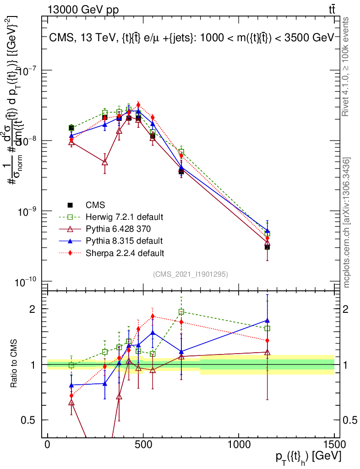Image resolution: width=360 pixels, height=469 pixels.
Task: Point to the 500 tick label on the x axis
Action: pyautogui.click(x=143, y=445)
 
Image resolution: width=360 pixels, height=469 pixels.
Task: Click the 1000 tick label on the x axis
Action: pyautogui.click(x=239, y=445)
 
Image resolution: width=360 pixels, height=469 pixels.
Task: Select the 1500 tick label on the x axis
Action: pyautogui.click(x=334, y=445)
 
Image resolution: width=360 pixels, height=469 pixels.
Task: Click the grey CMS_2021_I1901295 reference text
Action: pyautogui.click(x=191, y=274)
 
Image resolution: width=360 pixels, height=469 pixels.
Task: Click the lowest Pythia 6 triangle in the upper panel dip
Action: pyautogui.click(x=105, y=162)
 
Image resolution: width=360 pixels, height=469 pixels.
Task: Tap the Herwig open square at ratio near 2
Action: pyautogui.click(x=181, y=312)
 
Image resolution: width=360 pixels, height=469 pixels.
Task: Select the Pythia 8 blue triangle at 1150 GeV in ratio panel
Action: pyautogui.click(x=267, y=321)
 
